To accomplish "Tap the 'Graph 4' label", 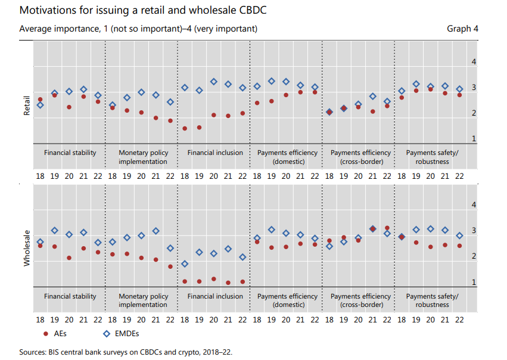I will tap(463, 29).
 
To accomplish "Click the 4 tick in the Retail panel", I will tap(474, 62).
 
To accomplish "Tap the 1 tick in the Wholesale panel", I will tap(474, 282).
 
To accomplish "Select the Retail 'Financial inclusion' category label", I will tap(215, 153).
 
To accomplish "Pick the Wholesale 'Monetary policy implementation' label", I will tap(143, 300).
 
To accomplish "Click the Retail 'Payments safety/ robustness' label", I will tap(432, 157).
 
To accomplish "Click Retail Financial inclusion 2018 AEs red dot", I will tap(185, 128).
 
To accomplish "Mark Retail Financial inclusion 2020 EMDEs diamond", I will tap(214, 82).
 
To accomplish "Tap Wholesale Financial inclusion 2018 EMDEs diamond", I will tap(185, 263).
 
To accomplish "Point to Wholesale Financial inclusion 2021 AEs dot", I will tap(228, 283).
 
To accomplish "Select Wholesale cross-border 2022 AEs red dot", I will tap(387, 228).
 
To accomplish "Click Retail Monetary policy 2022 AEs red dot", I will tap(170, 120).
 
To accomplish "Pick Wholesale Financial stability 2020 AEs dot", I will tap(69, 258).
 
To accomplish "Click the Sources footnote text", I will tap(125, 352).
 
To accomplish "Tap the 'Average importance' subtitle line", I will tap(138, 29).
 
